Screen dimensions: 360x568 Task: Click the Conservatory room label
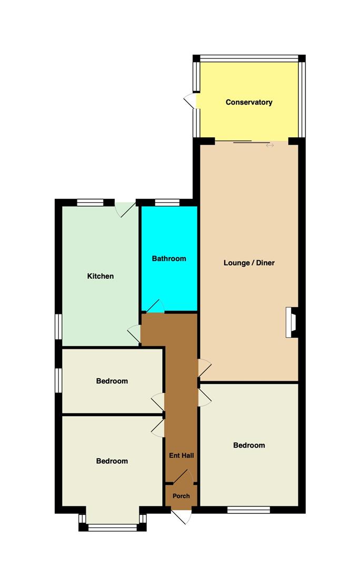click(x=249, y=102)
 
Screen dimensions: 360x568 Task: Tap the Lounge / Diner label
click(x=249, y=262)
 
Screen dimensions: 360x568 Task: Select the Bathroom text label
click(x=169, y=259)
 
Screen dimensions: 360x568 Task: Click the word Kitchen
click(x=101, y=276)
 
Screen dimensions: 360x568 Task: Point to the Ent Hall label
click(x=181, y=455)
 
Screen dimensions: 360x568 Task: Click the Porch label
click(x=181, y=496)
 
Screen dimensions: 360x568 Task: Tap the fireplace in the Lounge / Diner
click(x=292, y=322)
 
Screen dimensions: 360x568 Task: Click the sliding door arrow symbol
click(x=269, y=145)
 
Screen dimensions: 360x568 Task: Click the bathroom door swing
click(x=155, y=306)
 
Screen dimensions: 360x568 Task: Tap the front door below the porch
click(x=181, y=516)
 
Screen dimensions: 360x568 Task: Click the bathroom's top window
click(x=167, y=202)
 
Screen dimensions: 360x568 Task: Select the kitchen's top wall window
click(x=91, y=202)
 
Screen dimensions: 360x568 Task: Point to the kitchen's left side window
click(x=58, y=327)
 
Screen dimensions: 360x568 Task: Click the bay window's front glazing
click(x=113, y=528)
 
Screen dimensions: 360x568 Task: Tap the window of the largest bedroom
click(x=249, y=510)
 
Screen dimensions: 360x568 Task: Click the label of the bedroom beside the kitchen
click(x=112, y=381)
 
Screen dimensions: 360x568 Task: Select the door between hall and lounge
click(x=205, y=368)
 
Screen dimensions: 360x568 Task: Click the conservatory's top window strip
click(x=249, y=58)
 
